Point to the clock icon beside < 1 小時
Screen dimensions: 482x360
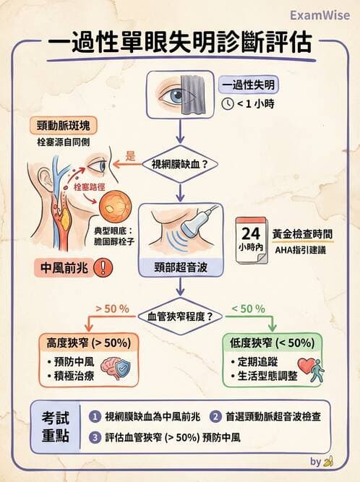pos(228,104)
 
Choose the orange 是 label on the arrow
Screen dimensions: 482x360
pos(131,155)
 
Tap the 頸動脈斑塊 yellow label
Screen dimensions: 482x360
pos(73,125)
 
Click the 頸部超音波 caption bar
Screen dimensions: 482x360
pos(180,268)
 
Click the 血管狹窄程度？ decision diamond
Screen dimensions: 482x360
pos(180,316)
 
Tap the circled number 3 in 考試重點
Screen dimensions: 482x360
pos(95,437)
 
